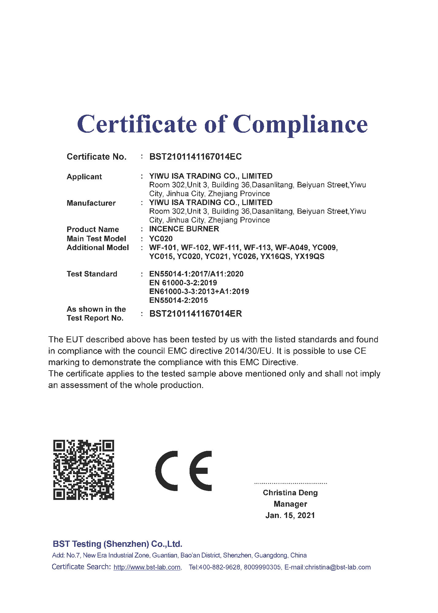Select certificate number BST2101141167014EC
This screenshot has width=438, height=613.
195,157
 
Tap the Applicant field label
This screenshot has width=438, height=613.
84,177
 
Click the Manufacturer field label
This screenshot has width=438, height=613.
91,203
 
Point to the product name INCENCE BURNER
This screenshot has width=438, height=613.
184,229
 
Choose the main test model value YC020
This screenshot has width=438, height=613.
161,238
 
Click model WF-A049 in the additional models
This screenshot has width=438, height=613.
291,247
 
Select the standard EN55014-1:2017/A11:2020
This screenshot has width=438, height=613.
196,274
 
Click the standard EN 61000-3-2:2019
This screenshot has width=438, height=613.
183,283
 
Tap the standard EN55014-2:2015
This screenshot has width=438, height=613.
179,300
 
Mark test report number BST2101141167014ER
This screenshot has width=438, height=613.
195,314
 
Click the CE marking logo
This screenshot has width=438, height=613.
184,471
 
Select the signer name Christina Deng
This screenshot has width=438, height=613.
290,493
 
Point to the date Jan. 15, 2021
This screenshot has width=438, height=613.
290,515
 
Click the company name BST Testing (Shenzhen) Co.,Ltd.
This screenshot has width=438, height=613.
117,544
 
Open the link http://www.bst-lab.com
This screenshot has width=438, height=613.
147,567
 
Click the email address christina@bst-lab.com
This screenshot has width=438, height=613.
338,567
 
